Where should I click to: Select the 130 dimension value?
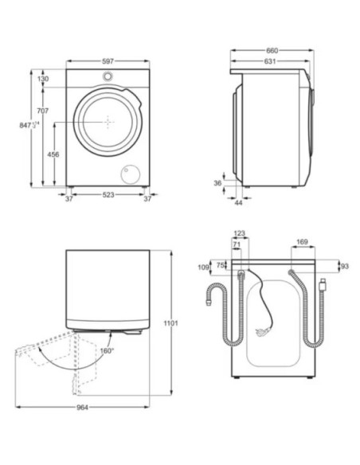click(42, 79)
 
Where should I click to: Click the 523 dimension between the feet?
click(107, 199)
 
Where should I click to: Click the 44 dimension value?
click(238, 203)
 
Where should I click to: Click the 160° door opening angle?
click(106, 350)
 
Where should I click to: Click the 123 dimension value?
click(240, 234)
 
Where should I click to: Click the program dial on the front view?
click(107, 76)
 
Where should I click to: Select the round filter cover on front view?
click(127, 174)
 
